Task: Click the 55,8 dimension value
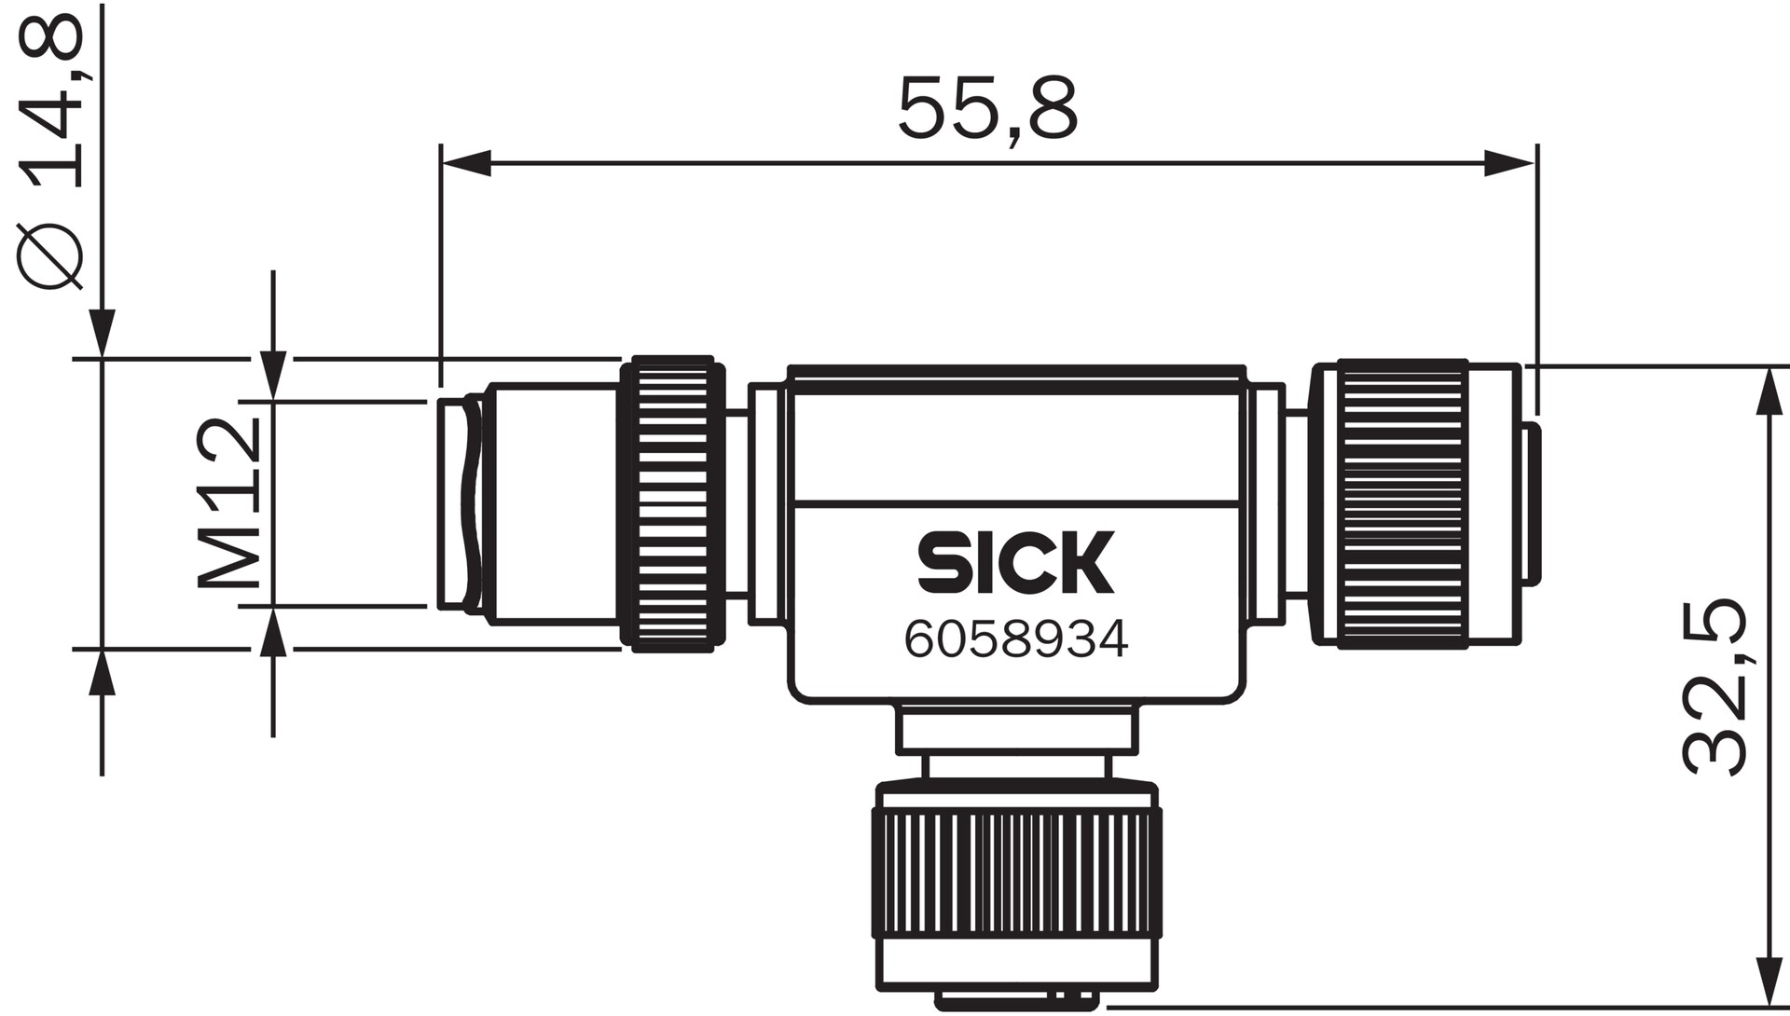coord(986,109)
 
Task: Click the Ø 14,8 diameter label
coord(51,149)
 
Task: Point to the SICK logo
coord(1015,563)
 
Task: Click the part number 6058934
coord(1015,639)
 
